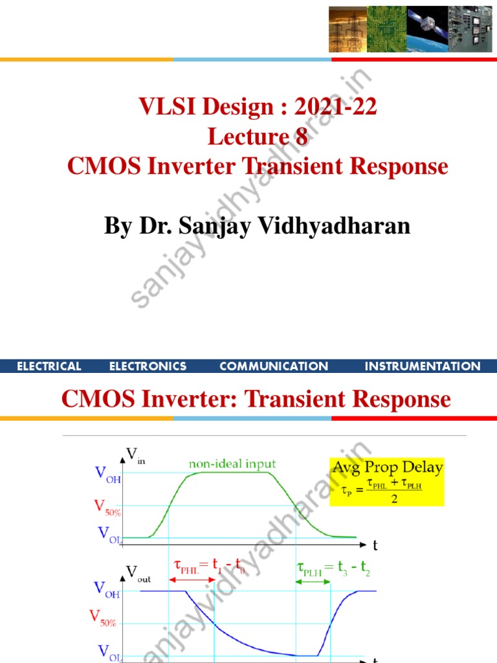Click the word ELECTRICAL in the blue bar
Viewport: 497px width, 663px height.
click(49, 366)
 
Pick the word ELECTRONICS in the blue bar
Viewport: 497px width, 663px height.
click(148, 366)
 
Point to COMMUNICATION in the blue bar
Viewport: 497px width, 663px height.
click(274, 366)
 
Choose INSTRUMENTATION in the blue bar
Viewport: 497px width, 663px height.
click(423, 366)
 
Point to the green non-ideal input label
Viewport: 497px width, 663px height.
click(232, 464)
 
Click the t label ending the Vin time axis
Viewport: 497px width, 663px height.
click(375, 545)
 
